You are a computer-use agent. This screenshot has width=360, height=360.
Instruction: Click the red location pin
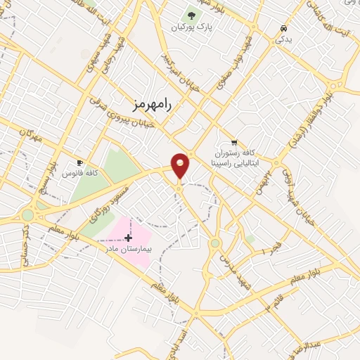point(180,165)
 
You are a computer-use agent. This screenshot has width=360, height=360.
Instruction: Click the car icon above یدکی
point(283,29)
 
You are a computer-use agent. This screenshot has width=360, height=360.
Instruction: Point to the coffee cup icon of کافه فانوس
point(79,162)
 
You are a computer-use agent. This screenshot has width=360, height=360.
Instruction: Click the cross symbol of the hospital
point(128,238)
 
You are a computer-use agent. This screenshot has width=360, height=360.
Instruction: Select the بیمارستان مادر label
point(129,249)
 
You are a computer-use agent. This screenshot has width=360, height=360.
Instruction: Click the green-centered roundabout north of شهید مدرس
point(214,243)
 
